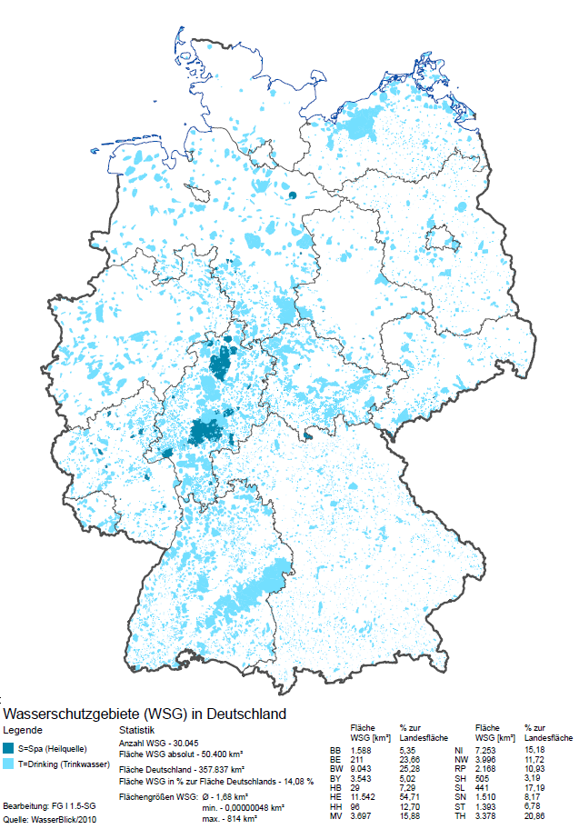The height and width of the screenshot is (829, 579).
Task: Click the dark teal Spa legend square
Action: coord(9,748)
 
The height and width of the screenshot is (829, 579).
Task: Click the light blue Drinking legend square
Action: coord(9,764)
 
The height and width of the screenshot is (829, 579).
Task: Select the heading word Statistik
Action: coord(137,730)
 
